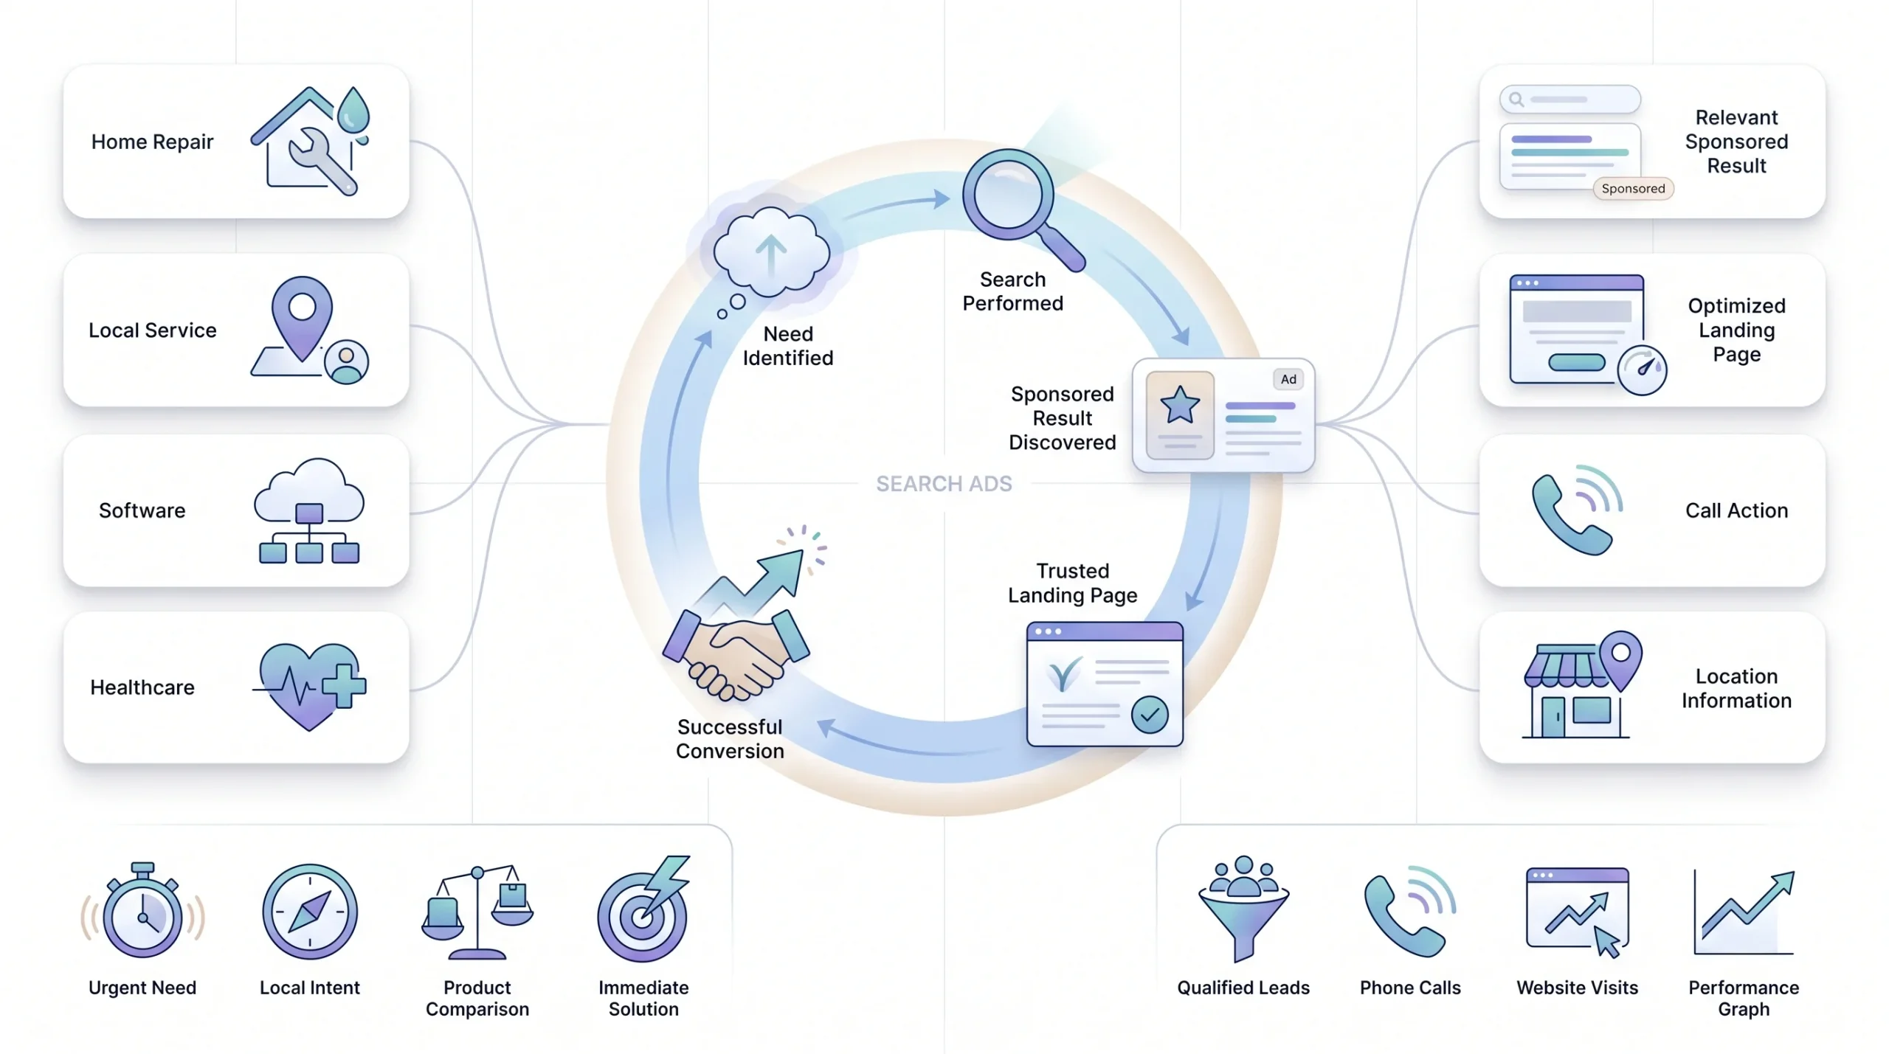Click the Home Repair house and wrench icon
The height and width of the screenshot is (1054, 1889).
coord(310,141)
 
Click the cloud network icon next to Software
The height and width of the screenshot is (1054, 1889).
coord(309,510)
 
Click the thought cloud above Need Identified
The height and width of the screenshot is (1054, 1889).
coord(770,254)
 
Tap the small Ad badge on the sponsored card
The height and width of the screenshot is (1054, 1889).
coord(1288,379)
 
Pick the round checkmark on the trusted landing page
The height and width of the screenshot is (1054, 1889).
coord(1150,714)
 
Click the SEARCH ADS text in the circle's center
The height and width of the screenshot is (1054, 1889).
coord(944,484)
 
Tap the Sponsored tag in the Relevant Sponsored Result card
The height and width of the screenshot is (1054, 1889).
coord(1633,189)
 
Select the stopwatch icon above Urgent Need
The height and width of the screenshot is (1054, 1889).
coord(142,911)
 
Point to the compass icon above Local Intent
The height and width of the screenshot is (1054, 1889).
coord(310,912)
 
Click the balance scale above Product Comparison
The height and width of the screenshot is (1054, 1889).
coord(477,912)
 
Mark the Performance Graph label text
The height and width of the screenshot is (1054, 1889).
coord(1744,998)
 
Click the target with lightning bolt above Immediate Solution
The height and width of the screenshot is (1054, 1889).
coord(643,909)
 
